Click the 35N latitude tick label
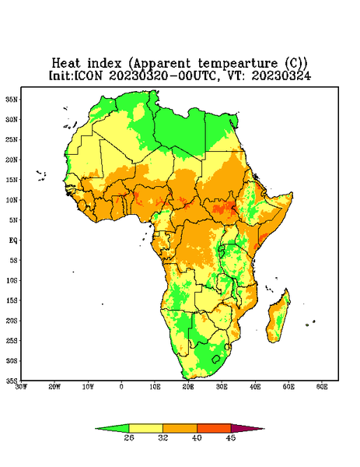12,100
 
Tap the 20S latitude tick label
12,321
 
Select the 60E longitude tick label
322,387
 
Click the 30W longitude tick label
21,387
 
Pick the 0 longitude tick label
121,387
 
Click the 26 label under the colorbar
129,437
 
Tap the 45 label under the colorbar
231,437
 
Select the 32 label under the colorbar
163,437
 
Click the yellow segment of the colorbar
145,428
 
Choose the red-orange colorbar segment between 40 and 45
214,428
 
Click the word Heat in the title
66,64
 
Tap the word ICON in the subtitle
88,75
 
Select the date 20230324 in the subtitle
281,75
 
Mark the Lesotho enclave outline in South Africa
216,360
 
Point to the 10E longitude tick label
155,387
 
